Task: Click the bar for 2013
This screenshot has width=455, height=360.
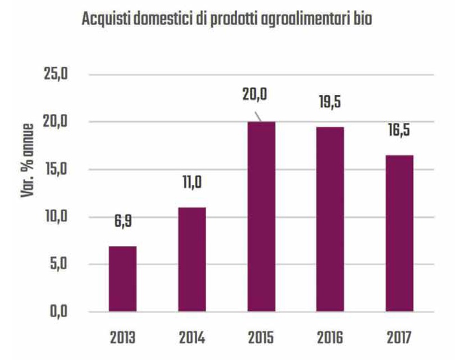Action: tap(122, 279)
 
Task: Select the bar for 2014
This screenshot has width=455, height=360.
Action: tap(192, 259)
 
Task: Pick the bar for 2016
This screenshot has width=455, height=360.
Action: tap(330, 219)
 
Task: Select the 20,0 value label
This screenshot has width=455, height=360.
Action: tap(256, 93)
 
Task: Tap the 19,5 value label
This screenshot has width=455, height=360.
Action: tap(330, 103)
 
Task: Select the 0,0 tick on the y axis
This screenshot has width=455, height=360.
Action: tap(56, 312)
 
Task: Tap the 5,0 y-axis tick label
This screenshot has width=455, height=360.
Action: tap(56, 265)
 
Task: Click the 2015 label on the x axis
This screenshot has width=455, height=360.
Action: tap(261, 339)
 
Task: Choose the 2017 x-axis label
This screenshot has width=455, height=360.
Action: tap(399, 339)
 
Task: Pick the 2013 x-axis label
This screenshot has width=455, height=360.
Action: tap(122, 339)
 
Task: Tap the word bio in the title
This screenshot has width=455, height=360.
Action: tap(361, 19)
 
